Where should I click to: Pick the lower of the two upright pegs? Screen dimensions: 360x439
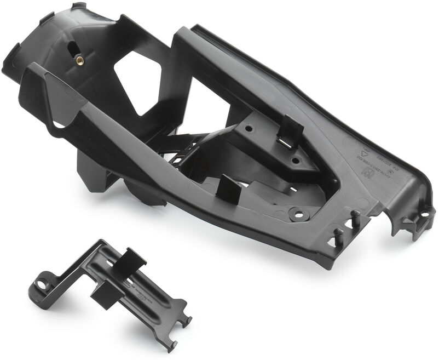(x=338, y=235)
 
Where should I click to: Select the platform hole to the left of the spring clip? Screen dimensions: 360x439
(x=249, y=131)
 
